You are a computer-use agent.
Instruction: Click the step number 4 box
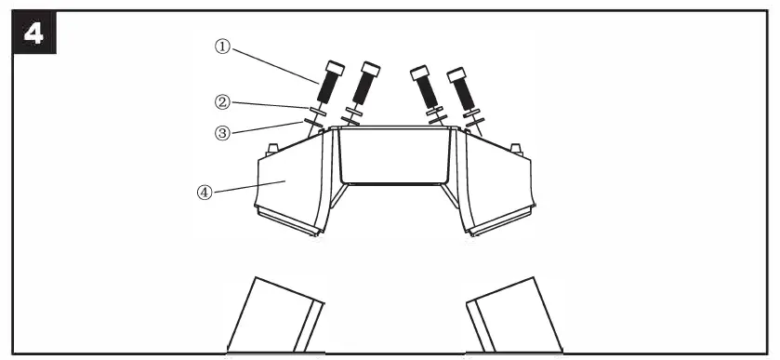pyautogui.click(x=33, y=33)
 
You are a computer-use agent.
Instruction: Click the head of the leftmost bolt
pyautogui.click(x=335, y=70)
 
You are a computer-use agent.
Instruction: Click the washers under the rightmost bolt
pyautogui.click(x=473, y=116)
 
